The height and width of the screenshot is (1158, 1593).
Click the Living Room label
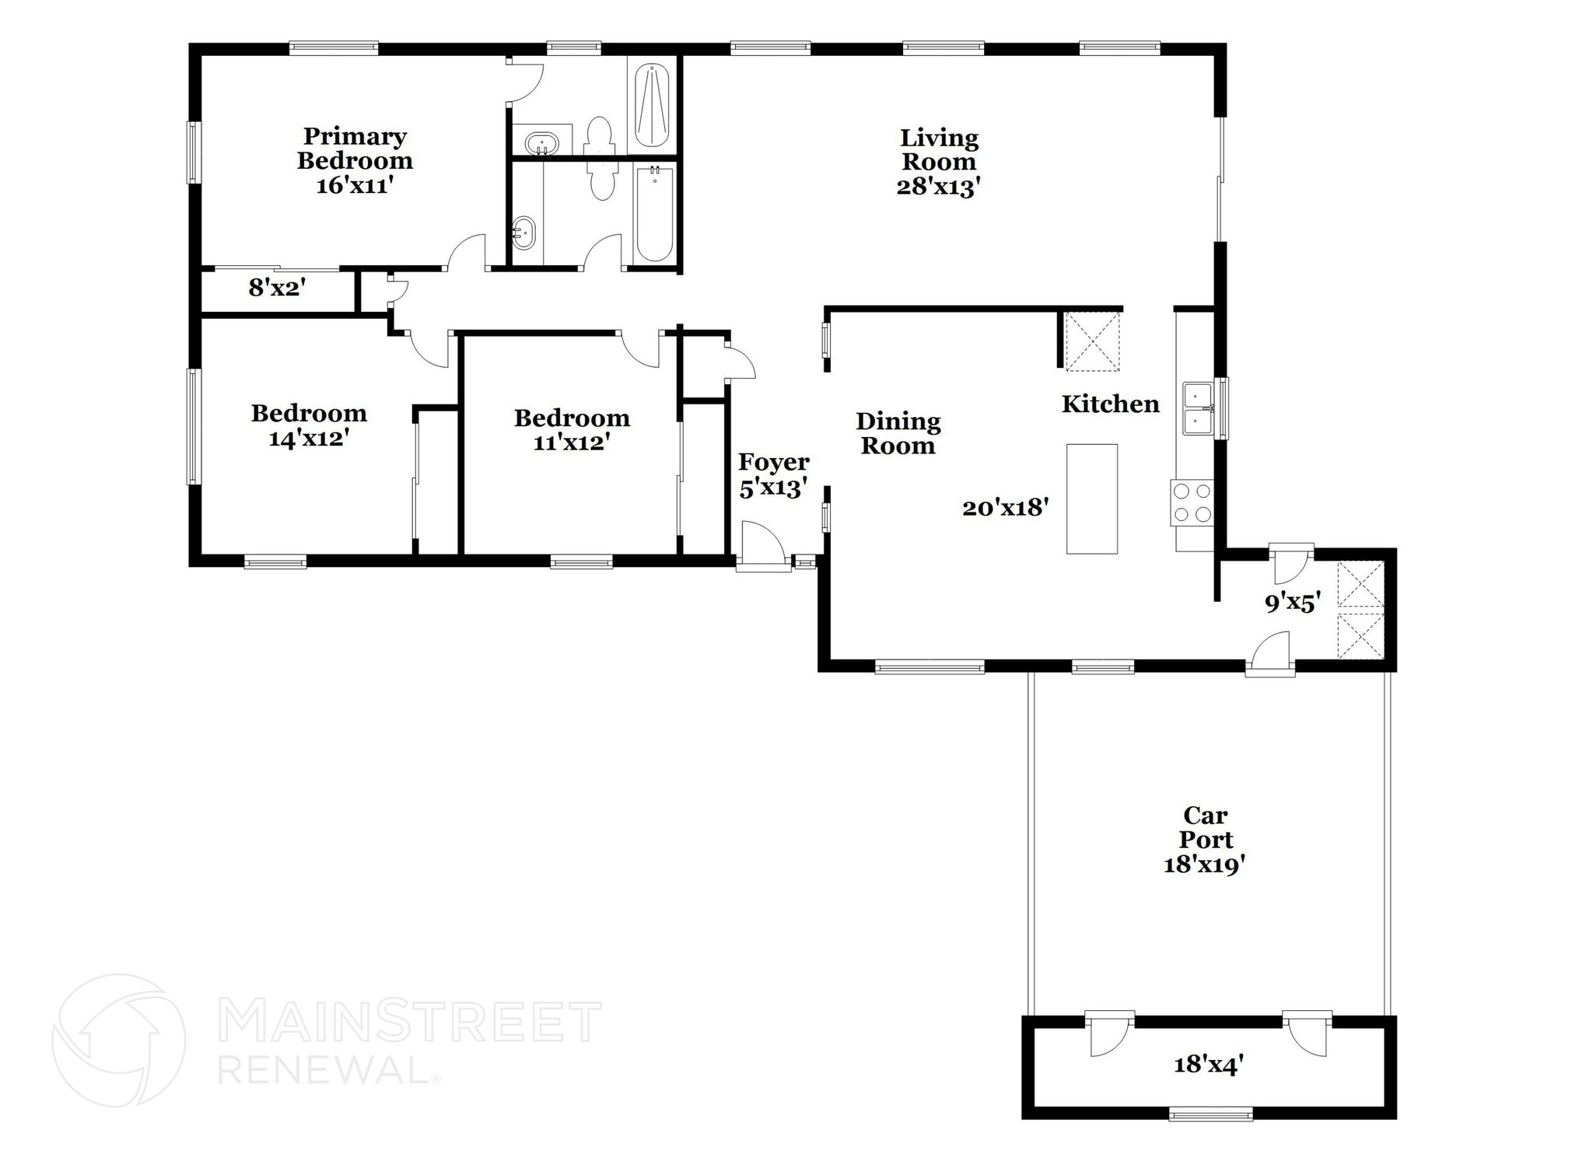(939, 150)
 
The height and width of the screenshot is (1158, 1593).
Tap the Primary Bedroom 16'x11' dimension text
(354, 186)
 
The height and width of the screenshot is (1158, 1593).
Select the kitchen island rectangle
(1091, 499)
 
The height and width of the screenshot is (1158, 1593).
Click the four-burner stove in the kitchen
(1192, 502)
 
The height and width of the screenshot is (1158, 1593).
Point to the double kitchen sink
(1198, 408)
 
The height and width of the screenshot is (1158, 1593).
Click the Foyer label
(773, 462)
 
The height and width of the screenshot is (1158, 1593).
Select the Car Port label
(1206, 827)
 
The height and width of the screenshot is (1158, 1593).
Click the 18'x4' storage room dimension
(1203, 1065)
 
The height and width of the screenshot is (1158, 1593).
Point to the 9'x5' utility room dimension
(1292, 603)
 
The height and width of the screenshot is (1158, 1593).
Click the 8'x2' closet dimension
(276, 289)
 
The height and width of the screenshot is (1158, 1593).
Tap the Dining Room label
(898, 433)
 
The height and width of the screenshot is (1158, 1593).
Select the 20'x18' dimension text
(1006, 508)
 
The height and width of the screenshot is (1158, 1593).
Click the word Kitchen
(1110, 404)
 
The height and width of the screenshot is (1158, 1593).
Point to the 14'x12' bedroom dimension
(308, 439)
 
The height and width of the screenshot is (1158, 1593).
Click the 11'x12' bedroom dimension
(571, 443)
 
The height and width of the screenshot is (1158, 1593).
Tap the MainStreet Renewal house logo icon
(119, 1040)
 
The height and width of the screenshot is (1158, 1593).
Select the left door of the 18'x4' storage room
(1109, 1034)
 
